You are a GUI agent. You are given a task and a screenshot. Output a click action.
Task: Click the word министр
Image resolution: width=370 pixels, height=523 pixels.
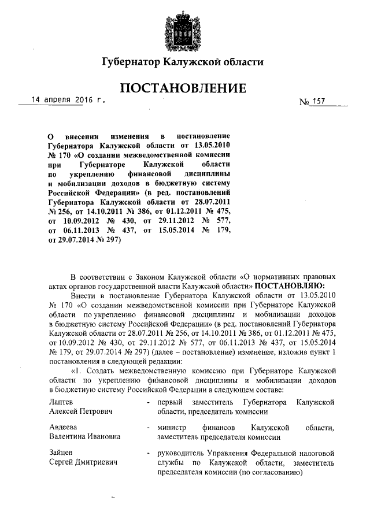(172, 428)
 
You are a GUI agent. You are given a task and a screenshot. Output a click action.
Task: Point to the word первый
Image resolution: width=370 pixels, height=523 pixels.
(171, 402)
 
